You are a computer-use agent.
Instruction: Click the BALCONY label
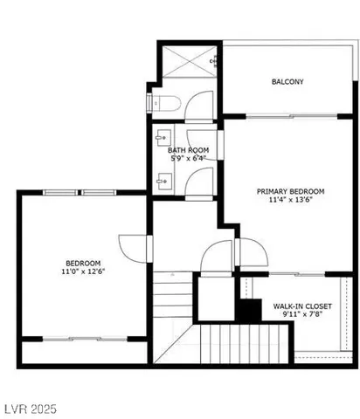(x=287, y=82)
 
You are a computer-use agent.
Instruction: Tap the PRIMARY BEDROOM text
(x=290, y=191)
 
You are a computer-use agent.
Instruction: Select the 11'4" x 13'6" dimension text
(x=290, y=201)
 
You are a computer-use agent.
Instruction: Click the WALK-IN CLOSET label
(x=301, y=306)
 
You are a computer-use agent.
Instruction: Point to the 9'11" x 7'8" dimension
(x=301, y=316)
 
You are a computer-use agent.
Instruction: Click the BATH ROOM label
(x=187, y=150)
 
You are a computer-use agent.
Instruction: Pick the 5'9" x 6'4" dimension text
(x=187, y=159)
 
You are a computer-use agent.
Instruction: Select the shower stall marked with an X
(x=188, y=60)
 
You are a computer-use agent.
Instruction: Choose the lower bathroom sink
(x=162, y=181)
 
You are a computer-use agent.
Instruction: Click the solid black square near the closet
(x=251, y=310)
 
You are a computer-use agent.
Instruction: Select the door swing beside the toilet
(x=200, y=106)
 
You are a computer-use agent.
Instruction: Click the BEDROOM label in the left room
(x=83, y=263)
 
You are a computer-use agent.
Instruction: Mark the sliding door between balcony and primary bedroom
(x=290, y=116)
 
